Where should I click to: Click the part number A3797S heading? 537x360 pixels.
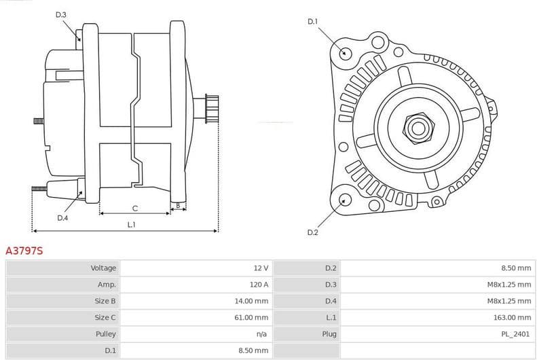tap(24, 251)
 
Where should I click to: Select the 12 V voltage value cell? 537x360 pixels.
tap(261, 268)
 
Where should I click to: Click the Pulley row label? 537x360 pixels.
tap(106, 334)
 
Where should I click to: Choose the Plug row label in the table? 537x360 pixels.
tap(329, 334)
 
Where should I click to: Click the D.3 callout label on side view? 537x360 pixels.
tap(61, 15)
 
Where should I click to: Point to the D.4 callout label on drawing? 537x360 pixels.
tap(62, 217)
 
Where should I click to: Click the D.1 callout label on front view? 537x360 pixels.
tap(312, 22)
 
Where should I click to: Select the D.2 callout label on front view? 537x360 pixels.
tap(312, 232)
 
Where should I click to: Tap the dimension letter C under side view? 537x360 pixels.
tap(135, 208)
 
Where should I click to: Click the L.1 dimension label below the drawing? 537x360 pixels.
tap(132, 225)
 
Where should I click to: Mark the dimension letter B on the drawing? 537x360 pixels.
tap(178, 204)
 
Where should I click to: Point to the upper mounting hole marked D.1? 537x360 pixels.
tap(345, 53)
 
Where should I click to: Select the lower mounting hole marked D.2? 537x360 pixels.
tap(345, 200)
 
